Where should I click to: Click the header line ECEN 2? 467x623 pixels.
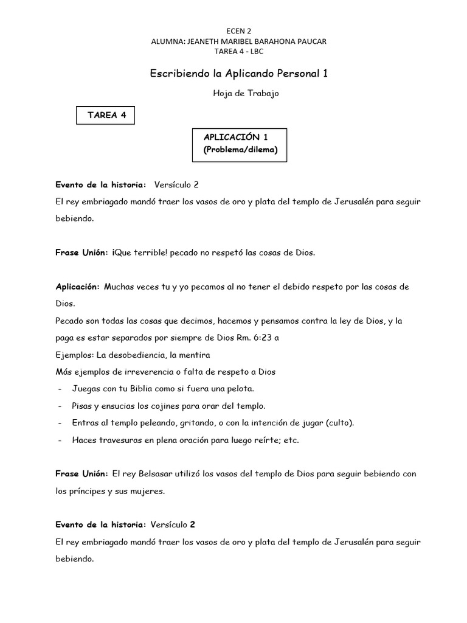pyautogui.click(x=233, y=30)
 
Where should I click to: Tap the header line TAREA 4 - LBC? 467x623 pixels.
pyautogui.click(x=233, y=51)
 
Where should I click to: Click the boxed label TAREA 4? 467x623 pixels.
pyautogui.click(x=106, y=115)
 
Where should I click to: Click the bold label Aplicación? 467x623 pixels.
pyautogui.click(x=77, y=286)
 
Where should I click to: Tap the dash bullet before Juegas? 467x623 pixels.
pyautogui.click(x=59, y=388)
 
